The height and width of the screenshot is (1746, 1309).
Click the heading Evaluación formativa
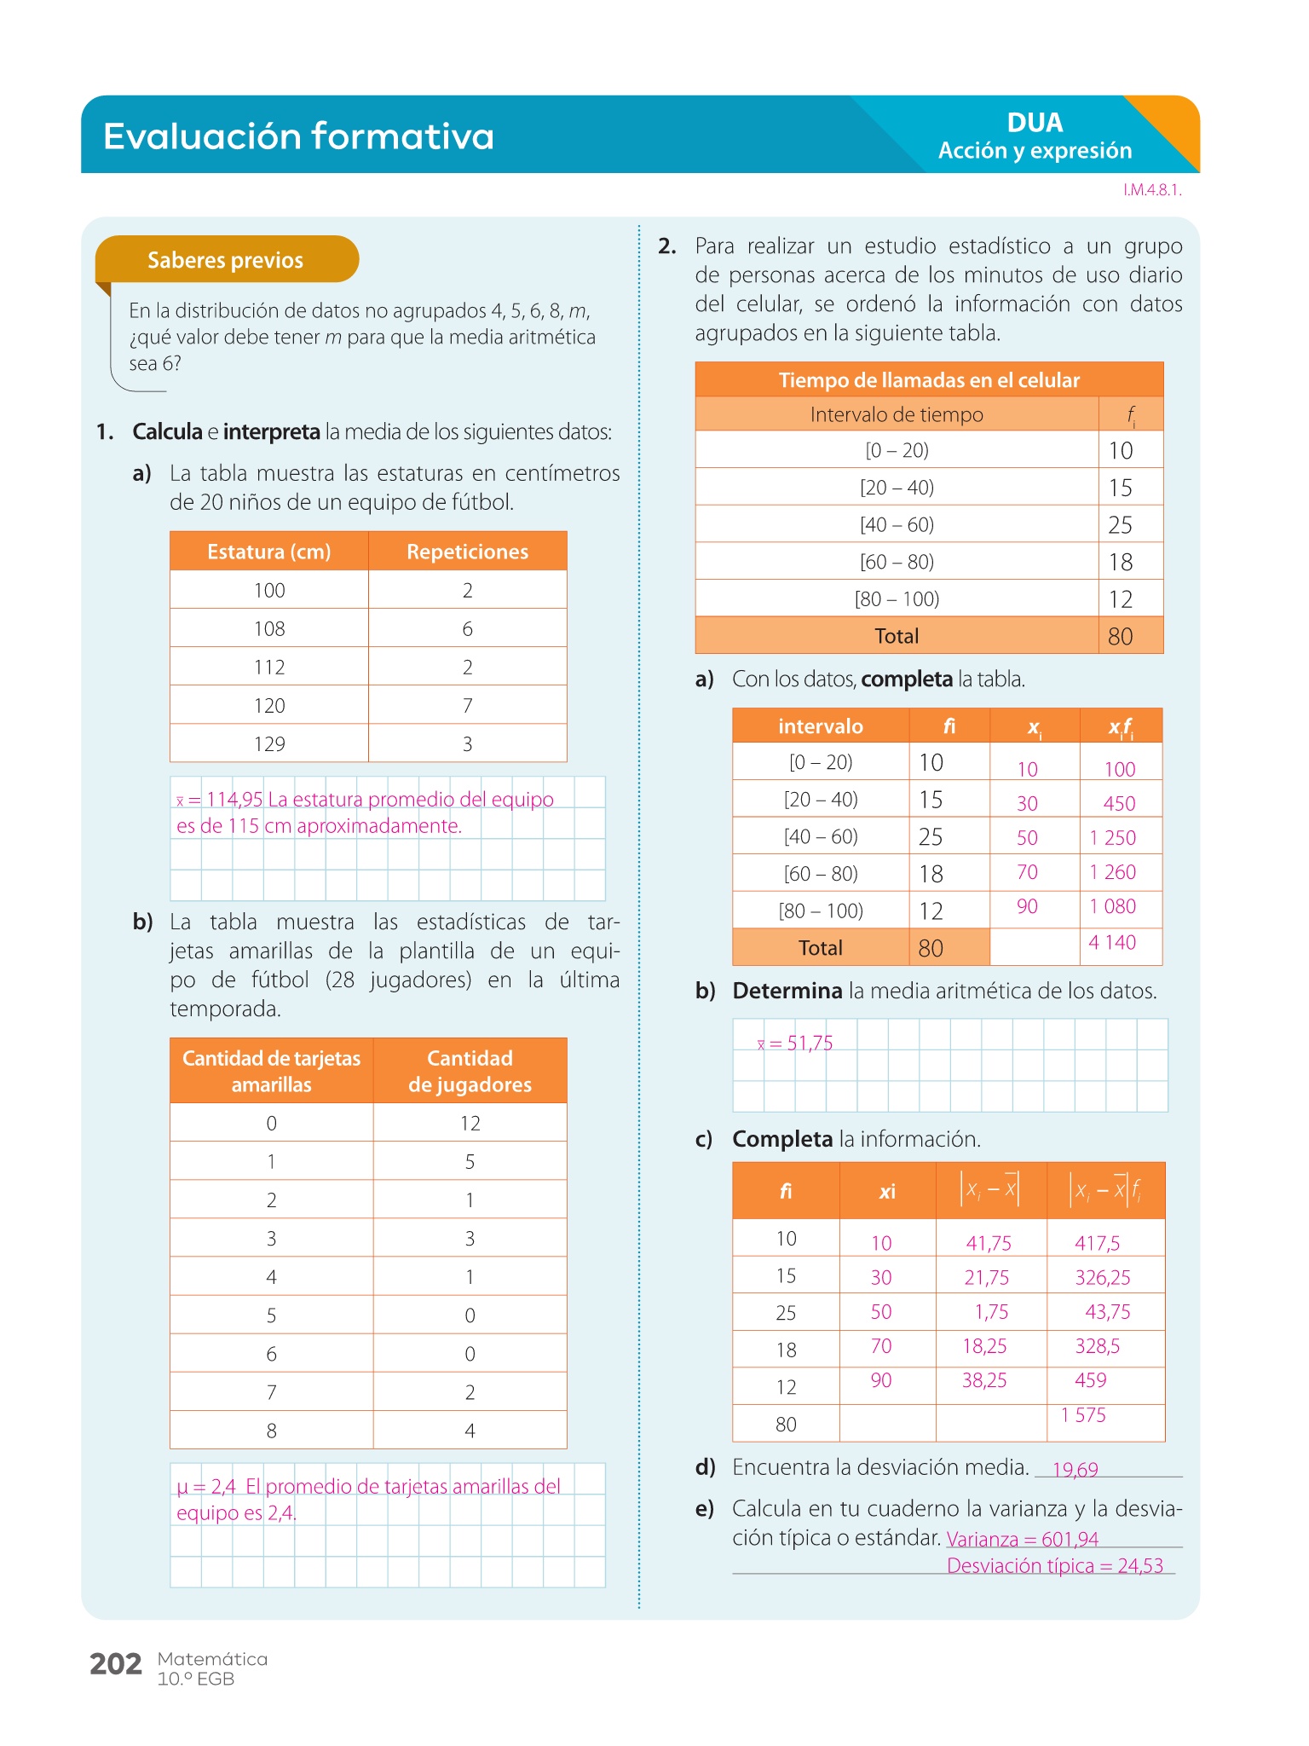click(298, 136)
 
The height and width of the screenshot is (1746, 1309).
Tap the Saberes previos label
click(225, 260)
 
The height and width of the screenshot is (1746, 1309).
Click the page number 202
click(116, 1663)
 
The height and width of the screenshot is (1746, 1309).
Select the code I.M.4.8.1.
click(1152, 190)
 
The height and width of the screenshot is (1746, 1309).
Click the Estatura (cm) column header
click(269, 552)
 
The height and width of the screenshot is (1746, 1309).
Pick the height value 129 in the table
click(269, 744)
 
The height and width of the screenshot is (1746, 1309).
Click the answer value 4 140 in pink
click(1112, 942)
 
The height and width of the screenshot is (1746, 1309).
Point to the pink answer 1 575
click(1083, 1415)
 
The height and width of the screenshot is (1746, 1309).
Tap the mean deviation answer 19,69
click(1075, 1470)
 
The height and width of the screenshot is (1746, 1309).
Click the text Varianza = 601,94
click(1023, 1539)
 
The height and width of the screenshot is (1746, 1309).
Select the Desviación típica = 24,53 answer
click(1055, 1565)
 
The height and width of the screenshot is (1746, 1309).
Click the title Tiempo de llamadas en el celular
click(929, 380)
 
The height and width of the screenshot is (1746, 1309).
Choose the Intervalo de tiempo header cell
click(897, 415)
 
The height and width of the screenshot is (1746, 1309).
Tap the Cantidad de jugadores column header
click(470, 1071)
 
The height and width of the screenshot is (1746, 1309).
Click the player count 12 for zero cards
click(470, 1124)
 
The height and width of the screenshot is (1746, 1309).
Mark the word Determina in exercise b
click(787, 991)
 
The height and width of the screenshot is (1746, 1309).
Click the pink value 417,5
click(1098, 1243)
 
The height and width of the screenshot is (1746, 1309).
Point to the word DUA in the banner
click(1035, 123)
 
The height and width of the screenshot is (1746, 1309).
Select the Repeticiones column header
click(467, 552)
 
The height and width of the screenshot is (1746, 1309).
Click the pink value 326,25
click(1103, 1277)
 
